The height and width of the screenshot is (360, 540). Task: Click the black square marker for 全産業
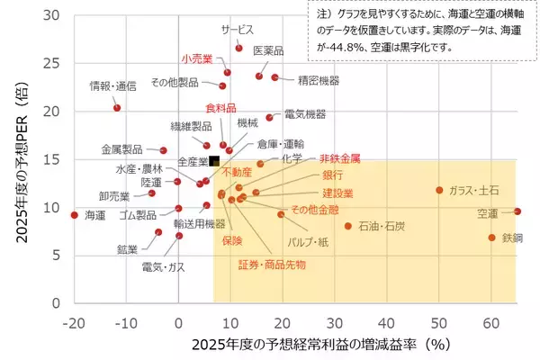pyautogui.click(x=214, y=161)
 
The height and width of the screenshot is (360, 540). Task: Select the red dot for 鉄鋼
pyautogui.click(x=492, y=238)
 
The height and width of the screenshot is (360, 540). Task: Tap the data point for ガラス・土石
pyautogui.click(x=439, y=190)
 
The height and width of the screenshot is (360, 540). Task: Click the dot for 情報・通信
pyautogui.click(x=117, y=108)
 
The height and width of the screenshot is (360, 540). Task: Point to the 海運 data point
pyautogui.click(x=75, y=215)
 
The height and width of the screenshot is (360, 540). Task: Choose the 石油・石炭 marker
pyautogui.click(x=348, y=226)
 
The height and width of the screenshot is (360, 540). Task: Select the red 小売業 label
pyautogui.click(x=196, y=58)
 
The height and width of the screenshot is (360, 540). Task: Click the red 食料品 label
pyautogui.click(x=220, y=108)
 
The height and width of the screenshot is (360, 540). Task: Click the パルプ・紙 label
pyautogui.click(x=308, y=243)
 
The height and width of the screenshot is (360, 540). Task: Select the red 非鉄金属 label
pyautogui.click(x=339, y=157)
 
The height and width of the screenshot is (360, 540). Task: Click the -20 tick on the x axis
pyautogui.click(x=75, y=320)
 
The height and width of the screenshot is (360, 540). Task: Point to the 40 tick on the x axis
pyautogui.click(x=387, y=320)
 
